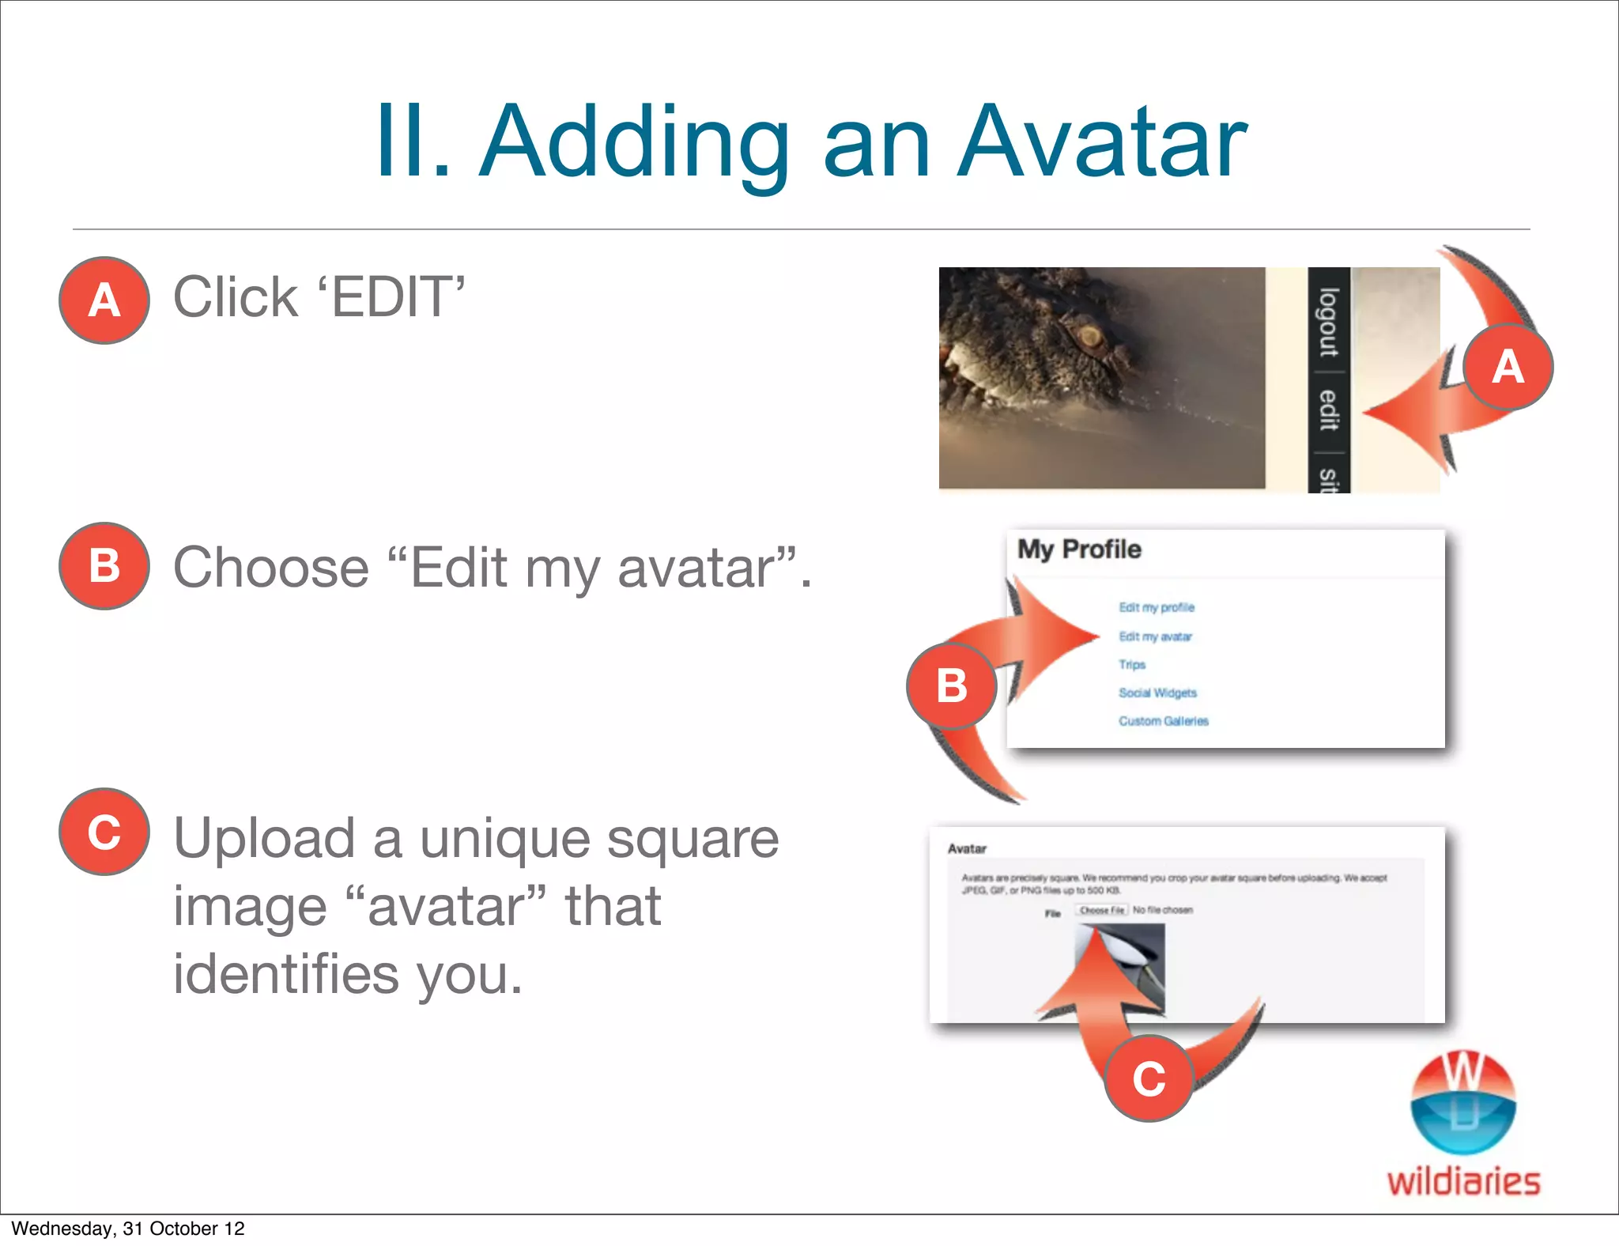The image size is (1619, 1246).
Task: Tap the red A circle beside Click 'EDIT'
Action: (104, 300)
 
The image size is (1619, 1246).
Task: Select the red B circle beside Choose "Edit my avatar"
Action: (104, 566)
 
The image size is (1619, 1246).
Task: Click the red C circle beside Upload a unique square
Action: (104, 832)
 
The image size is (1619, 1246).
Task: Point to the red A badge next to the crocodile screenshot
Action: (1508, 367)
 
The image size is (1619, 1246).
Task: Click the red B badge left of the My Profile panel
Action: (951, 685)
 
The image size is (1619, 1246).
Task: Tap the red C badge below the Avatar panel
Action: (1148, 1078)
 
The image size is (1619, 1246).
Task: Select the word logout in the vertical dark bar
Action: (1329, 323)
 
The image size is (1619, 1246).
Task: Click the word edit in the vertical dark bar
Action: (1329, 410)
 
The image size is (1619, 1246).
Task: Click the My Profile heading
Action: (1079, 549)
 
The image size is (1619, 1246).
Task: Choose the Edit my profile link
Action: (1157, 607)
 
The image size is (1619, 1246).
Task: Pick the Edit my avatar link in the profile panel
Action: (1155, 636)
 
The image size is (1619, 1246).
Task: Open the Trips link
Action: (1132, 665)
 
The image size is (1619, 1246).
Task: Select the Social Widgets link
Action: (1157, 693)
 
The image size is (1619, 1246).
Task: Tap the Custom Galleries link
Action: (1163, 721)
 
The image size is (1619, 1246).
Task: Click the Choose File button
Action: (1101, 910)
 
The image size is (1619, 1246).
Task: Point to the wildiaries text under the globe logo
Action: (1463, 1182)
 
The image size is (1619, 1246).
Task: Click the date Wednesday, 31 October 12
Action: (128, 1229)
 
